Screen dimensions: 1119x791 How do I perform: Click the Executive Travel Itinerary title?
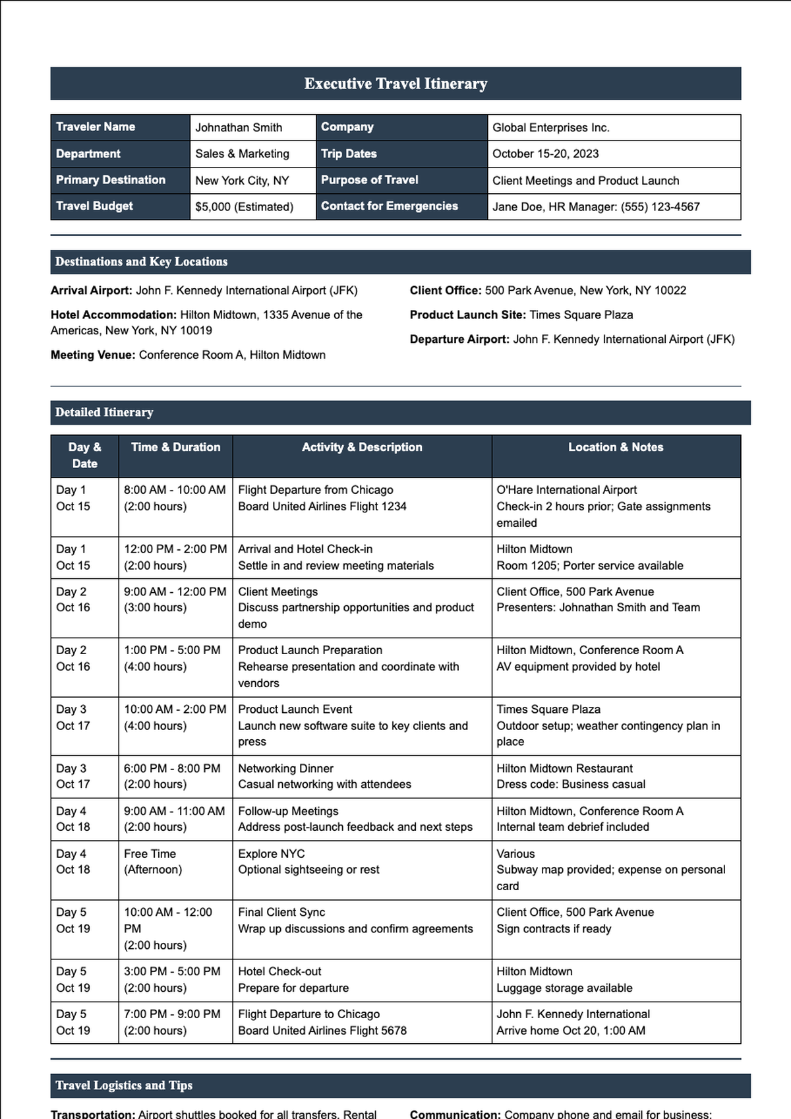pyautogui.click(x=395, y=84)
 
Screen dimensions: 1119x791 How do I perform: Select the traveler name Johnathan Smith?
pyautogui.click(x=239, y=128)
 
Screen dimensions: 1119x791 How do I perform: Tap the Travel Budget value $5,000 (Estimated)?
pyautogui.click(x=244, y=207)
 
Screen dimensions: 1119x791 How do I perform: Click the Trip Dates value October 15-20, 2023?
pyautogui.click(x=545, y=154)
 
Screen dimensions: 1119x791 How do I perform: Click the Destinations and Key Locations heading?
pyautogui.click(x=141, y=262)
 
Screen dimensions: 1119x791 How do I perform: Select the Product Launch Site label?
pyautogui.click(x=467, y=315)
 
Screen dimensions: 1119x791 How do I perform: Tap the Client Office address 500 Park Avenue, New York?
pyautogui.click(x=585, y=291)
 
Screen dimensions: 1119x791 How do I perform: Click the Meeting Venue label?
pyautogui.click(x=93, y=355)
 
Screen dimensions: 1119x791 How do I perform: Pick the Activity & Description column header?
pyautogui.click(x=362, y=447)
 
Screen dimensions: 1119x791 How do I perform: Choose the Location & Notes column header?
pyautogui.click(x=616, y=447)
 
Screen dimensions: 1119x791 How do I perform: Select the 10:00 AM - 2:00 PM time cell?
pyautogui.click(x=175, y=710)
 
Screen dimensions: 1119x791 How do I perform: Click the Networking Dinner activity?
pyautogui.click(x=285, y=769)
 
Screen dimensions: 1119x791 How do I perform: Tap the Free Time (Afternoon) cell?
pyautogui.click(x=153, y=862)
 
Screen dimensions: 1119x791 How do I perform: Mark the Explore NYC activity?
pyautogui.click(x=271, y=854)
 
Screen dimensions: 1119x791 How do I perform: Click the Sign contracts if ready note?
pyautogui.click(x=554, y=929)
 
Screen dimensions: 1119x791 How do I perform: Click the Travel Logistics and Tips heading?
pyautogui.click(x=124, y=1085)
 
